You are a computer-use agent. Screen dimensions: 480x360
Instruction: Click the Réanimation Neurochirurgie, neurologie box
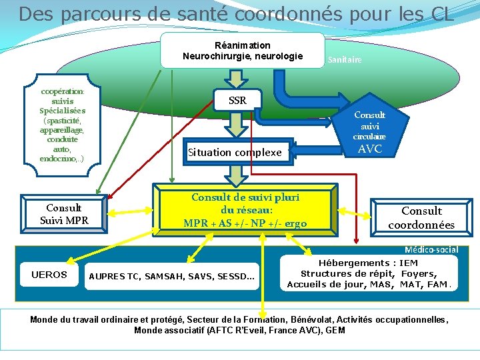[243, 50]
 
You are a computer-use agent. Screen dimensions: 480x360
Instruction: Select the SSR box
[237, 101]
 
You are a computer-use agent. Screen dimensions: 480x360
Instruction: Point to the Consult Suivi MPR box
[64, 213]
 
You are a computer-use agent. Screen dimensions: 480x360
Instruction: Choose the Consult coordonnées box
[421, 218]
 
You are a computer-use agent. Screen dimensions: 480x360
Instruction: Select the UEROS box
[49, 275]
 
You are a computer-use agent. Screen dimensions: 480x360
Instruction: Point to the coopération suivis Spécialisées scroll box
[62, 124]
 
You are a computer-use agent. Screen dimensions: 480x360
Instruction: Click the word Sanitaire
[344, 60]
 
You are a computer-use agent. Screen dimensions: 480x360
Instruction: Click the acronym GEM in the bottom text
[335, 330]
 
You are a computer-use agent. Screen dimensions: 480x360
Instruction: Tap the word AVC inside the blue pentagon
[370, 149]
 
